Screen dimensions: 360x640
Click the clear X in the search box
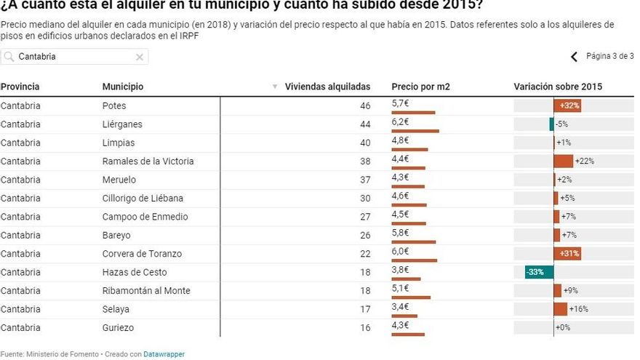click(140, 57)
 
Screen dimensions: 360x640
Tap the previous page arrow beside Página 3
click(574, 57)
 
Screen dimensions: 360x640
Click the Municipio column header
click(123, 87)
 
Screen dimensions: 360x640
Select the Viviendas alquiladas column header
click(327, 87)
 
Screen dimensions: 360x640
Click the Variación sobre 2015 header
click(558, 87)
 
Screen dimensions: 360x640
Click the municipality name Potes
click(114, 105)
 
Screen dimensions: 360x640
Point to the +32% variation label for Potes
click(569, 105)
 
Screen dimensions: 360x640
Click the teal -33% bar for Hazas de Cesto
click(539, 272)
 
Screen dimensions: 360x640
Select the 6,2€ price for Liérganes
click(400, 122)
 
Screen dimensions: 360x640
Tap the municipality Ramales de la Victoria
click(148, 161)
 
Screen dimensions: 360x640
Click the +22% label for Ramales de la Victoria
click(584, 161)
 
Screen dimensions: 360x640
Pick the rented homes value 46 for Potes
click(365, 105)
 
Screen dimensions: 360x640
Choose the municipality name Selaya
click(116, 309)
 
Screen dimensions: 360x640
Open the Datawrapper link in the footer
click(164, 354)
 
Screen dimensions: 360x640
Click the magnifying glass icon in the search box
click(9, 57)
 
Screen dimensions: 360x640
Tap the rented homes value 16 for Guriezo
click(365, 328)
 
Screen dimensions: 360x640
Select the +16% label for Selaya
click(579, 309)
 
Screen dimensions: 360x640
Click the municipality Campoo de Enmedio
click(145, 217)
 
